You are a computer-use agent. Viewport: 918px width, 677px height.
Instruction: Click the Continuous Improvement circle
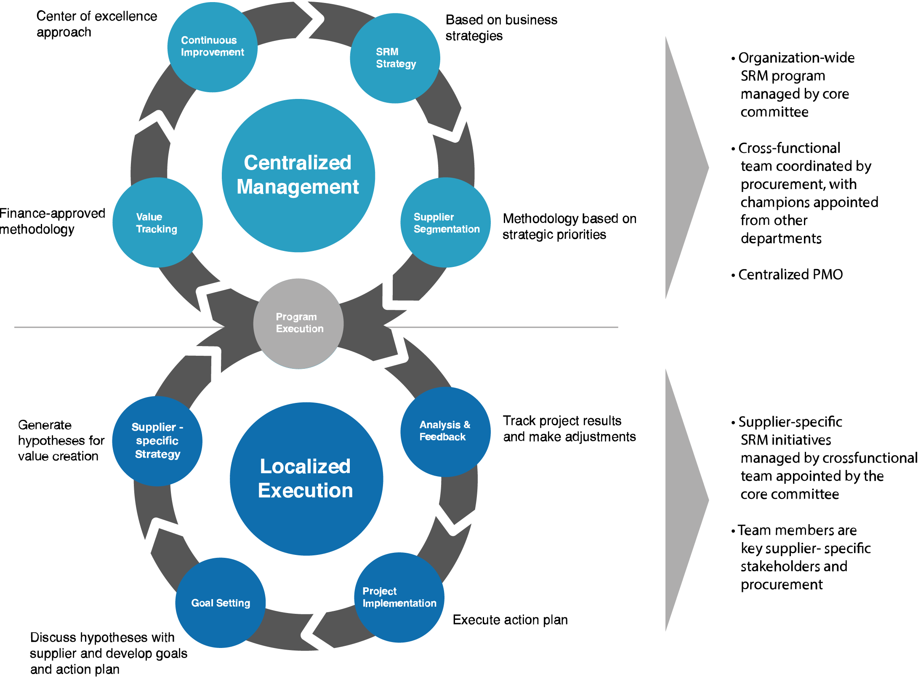click(212, 47)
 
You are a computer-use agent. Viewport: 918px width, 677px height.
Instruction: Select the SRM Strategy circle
click(395, 58)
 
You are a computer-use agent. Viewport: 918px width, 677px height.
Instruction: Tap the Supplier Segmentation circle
click(445, 223)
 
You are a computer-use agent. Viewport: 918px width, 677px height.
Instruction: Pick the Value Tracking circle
click(157, 223)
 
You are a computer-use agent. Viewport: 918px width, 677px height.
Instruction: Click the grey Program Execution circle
click(298, 323)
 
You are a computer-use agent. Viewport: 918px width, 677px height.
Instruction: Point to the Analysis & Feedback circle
click(445, 431)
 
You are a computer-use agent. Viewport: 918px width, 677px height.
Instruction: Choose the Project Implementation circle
click(399, 597)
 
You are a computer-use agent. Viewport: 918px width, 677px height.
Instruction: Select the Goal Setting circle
click(220, 603)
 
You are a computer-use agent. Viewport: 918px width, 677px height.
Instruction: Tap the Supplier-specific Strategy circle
click(157, 441)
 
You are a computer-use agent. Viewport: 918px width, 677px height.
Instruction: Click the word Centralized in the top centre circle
click(298, 163)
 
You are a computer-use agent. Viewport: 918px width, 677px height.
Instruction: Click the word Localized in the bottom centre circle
click(305, 466)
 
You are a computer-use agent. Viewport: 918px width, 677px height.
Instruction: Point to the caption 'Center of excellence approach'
click(96, 24)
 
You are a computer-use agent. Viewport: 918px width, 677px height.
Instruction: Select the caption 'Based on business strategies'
click(501, 28)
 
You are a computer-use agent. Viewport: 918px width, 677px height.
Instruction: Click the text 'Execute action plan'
click(510, 620)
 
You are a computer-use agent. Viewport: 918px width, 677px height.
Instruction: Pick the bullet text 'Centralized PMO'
click(790, 275)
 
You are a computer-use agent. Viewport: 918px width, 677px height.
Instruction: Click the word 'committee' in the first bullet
click(774, 112)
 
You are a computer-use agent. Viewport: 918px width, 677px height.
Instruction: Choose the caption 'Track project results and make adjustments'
click(569, 429)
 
